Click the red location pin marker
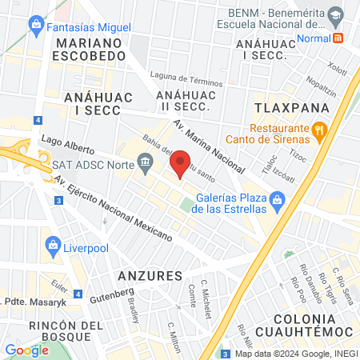point(182,163)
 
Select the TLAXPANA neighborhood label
point(282,106)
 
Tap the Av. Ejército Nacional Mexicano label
point(113,212)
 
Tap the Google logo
point(26,350)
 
